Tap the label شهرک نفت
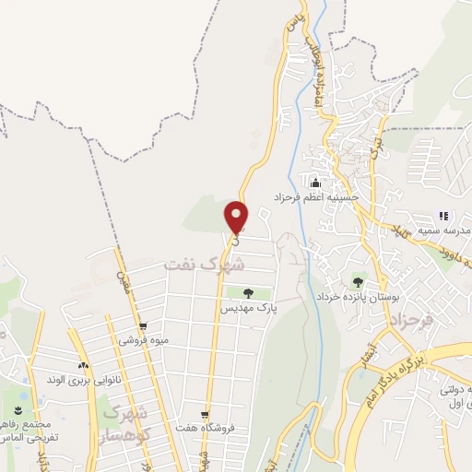pos(204,265)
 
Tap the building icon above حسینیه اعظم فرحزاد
pos(316,181)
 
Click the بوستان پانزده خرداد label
pos(357,298)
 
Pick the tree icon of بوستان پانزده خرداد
pos(357,282)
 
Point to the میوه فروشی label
pos(142,339)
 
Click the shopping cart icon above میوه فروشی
pos(142,325)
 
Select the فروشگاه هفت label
pos(206,428)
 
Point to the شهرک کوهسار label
pos(124,421)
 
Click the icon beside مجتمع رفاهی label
pos(18,409)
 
